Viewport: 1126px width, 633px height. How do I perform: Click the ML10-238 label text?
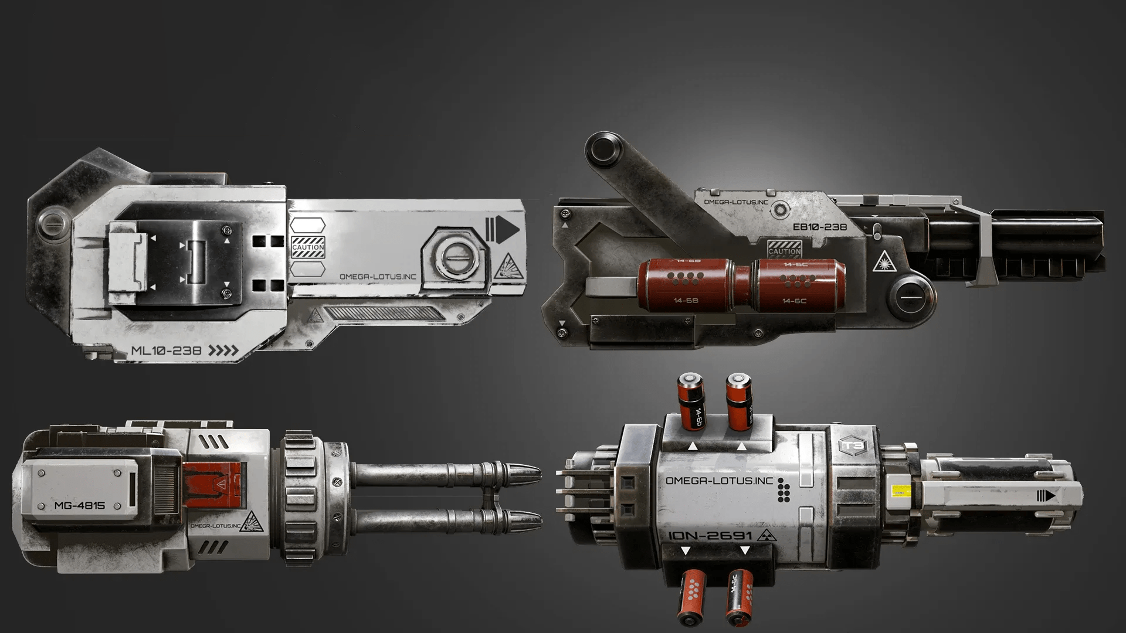coord(166,351)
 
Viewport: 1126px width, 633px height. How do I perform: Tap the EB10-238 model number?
coord(819,227)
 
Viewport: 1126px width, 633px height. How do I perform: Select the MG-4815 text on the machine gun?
coord(79,505)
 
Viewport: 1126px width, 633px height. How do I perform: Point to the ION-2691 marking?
coord(710,536)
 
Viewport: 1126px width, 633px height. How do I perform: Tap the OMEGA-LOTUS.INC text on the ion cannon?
coord(720,481)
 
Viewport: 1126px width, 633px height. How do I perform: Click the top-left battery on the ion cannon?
coord(692,400)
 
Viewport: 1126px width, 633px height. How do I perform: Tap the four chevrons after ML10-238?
coord(225,351)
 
